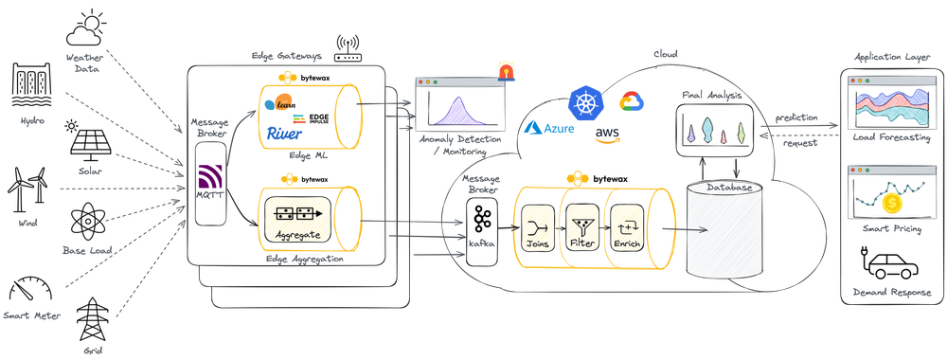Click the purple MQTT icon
click(209, 180)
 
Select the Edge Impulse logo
click(312, 118)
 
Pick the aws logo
click(608, 135)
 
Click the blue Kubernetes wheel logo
click(584, 100)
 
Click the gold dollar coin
click(890, 204)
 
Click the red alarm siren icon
click(506, 69)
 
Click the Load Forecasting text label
click(891, 137)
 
